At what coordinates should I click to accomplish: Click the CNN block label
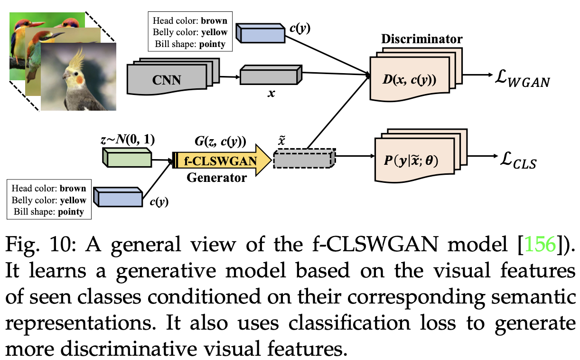167,79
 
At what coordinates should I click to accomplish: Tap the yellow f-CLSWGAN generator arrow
221,161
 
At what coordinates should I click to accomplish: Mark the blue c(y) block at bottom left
119,197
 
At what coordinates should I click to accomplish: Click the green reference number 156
541,245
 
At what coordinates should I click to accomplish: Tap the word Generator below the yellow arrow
216,178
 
